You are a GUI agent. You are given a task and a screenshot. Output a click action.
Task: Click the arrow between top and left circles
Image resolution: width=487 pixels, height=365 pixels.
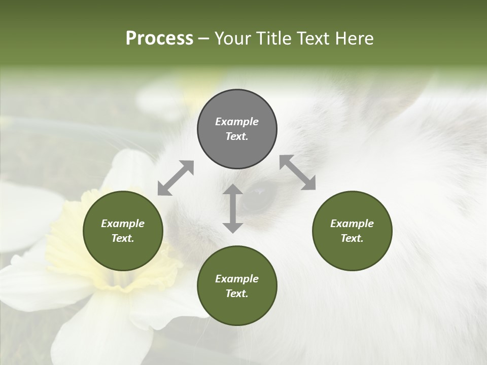point(176,178)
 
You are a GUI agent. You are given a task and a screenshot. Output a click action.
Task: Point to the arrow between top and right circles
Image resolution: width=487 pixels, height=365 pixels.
point(298,172)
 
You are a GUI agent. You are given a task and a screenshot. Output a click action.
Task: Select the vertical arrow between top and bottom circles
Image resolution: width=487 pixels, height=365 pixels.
point(233,208)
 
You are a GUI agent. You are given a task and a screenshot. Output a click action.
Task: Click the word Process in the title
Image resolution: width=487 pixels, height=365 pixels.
point(159,39)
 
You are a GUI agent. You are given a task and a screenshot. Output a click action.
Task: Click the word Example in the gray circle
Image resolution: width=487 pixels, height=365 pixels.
point(237,122)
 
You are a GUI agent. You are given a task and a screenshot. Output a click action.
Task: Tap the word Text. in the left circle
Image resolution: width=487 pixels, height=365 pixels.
point(123,238)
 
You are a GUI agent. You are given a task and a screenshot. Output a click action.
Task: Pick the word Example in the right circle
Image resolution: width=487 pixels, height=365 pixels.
point(352,224)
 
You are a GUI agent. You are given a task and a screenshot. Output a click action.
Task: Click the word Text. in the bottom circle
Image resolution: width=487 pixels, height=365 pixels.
point(237,294)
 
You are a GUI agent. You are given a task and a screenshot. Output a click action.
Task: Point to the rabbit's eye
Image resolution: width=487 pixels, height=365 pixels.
point(259,195)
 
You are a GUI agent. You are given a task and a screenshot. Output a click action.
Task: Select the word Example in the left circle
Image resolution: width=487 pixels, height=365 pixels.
point(123,224)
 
